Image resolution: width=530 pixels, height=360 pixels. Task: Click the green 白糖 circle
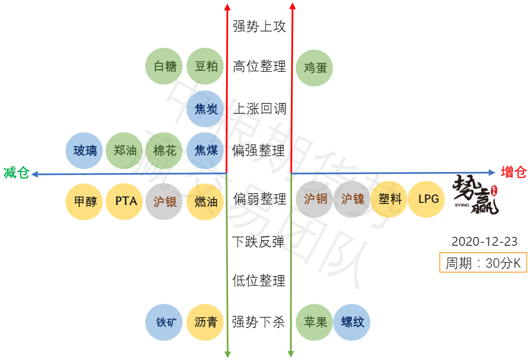165,66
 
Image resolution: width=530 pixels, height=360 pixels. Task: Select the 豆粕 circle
206,66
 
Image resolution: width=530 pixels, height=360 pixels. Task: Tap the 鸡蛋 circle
315,67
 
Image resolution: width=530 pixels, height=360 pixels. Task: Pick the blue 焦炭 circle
206,109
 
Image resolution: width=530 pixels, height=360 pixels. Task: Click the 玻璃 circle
85,151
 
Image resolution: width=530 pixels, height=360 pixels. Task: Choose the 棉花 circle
165,151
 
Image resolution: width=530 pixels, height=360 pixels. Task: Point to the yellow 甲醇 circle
85,201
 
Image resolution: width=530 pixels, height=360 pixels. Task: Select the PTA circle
126,201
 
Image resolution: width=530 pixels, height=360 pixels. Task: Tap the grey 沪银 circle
165,201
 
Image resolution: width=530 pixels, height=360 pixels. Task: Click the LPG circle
428,199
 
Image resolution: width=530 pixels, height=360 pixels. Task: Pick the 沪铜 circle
315,199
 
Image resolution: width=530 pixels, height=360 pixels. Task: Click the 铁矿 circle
165,322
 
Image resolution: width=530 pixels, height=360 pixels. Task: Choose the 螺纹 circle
352,322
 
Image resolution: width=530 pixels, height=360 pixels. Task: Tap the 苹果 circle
315,322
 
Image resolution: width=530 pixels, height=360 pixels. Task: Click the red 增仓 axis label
514,173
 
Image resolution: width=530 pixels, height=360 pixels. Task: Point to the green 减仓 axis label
16,173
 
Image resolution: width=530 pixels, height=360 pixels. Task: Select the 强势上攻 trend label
259,26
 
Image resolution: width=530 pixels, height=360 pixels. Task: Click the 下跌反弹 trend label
259,242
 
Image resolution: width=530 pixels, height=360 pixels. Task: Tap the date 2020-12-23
484,242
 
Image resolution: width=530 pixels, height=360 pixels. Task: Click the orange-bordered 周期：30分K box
483,263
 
